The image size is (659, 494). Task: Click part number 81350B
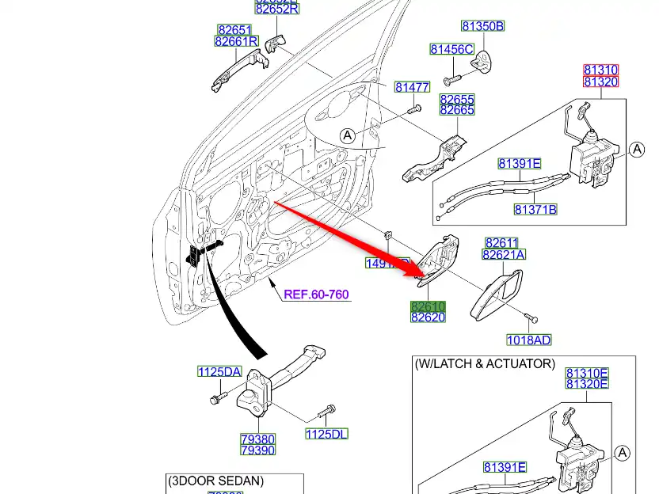pyautogui.click(x=483, y=26)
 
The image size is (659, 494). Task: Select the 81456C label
pyautogui.click(x=451, y=49)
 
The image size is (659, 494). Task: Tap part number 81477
pyautogui.click(x=412, y=87)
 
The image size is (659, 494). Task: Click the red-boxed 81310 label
pyautogui.click(x=600, y=70)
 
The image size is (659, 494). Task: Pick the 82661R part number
pyautogui.click(x=236, y=41)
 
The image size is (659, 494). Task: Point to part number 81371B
pyautogui.click(x=535, y=210)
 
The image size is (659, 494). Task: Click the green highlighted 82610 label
pyautogui.click(x=428, y=306)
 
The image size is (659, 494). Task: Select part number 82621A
pyautogui.click(x=504, y=255)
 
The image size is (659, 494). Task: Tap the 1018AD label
pyautogui.click(x=529, y=340)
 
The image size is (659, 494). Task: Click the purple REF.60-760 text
pyautogui.click(x=316, y=294)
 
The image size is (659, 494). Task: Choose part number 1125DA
pyautogui.click(x=219, y=372)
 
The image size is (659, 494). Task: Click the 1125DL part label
pyautogui.click(x=326, y=433)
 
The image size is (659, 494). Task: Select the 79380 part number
pyautogui.click(x=257, y=439)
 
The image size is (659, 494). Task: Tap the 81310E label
pyautogui.click(x=586, y=373)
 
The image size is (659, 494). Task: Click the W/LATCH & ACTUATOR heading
pyautogui.click(x=485, y=363)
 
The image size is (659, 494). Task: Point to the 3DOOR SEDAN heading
pyautogui.click(x=215, y=481)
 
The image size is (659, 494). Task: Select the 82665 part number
pyautogui.click(x=457, y=111)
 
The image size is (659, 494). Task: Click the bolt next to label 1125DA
pyautogui.click(x=216, y=398)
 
